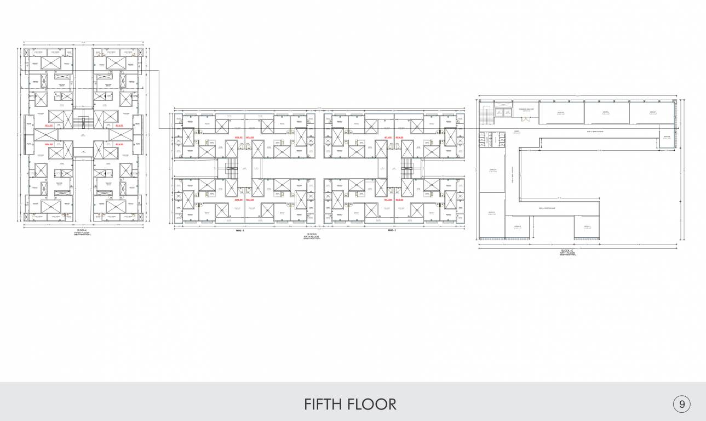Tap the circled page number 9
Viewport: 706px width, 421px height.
(681, 405)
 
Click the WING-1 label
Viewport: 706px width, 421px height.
(239, 230)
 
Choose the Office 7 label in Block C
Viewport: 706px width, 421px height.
(652, 113)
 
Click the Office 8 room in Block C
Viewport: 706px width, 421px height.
(667, 138)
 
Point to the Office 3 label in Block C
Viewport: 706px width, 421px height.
(491, 213)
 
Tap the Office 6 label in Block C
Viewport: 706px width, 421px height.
(606, 113)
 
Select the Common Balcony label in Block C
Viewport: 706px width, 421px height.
(526, 110)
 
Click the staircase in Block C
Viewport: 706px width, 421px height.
(486, 115)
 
